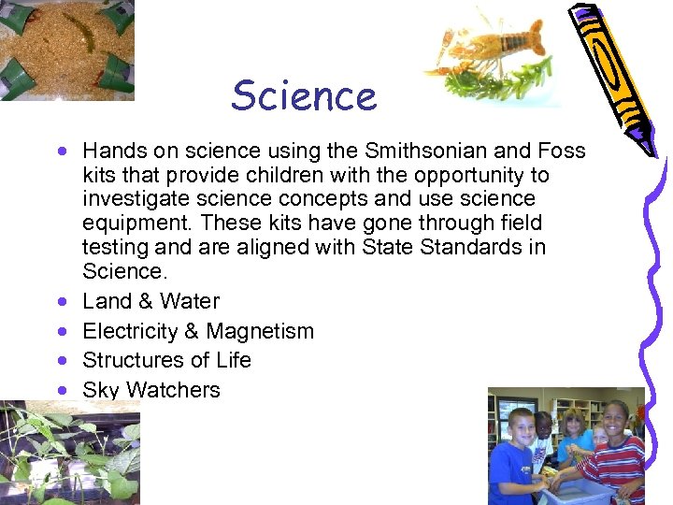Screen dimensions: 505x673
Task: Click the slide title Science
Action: click(304, 95)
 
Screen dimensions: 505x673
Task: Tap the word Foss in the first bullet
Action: click(563, 151)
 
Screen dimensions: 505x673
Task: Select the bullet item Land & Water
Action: click(150, 301)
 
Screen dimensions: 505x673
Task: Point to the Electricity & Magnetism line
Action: click(198, 331)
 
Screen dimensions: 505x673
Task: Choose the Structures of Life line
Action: click(166, 360)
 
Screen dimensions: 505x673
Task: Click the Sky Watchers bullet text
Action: click(151, 390)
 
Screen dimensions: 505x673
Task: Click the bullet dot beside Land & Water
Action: click(61, 302)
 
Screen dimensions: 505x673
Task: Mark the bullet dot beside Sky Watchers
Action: click(61, 391)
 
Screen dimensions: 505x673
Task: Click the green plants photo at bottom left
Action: click(69, 454)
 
